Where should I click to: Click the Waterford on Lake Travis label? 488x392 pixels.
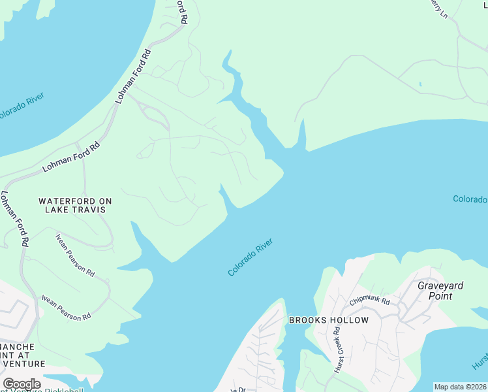coord(72,206)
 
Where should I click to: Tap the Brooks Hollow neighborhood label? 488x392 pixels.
coord(328,321)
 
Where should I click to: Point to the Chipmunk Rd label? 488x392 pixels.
coord(369,301)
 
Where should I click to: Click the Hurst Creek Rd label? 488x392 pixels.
coord(338,350)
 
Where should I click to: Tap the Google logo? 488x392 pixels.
coord(22,384)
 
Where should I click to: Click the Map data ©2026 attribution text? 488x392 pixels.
coord(461,387)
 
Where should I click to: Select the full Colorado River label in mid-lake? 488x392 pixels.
coord(250,257)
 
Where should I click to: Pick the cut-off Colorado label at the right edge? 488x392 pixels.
coord(470,199)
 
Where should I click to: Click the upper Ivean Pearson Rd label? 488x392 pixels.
coord(75,254)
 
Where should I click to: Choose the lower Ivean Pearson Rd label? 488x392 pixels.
coord(66,308)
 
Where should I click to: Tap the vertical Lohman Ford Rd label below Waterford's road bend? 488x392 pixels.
coord(14,218)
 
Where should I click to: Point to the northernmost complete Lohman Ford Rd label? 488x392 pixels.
coord(133,76)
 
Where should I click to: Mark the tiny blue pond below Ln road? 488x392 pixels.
coord(420,84)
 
